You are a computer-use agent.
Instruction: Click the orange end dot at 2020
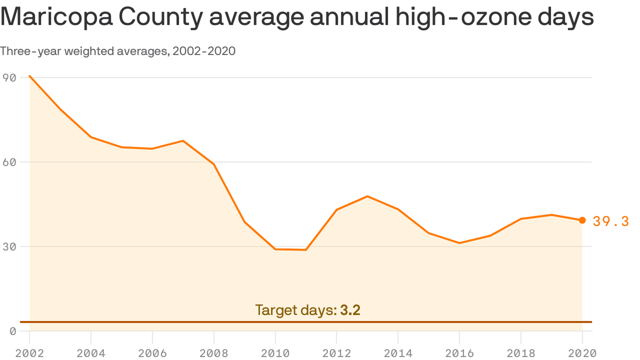click(582, 220)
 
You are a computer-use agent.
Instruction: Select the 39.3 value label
click(610, 221)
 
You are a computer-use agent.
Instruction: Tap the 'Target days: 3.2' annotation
click(307, 310)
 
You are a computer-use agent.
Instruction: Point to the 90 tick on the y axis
click(9, 77)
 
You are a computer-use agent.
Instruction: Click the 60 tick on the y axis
click(9, 162)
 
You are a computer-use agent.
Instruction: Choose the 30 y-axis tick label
click(9, 247)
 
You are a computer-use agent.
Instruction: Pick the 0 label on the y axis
click(13, 331)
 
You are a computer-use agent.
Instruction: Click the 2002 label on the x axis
click(30, 353)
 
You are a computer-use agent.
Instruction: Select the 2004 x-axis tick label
click(91, 353)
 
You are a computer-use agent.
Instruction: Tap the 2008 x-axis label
click(214, 353)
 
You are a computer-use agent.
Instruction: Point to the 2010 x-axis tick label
click(275, 353)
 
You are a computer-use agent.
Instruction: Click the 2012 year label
click(336, 353)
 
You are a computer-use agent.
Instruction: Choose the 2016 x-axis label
click(459, 353)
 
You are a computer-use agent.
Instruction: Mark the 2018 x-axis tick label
click(521, 353)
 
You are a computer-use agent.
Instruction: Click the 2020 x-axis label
click(582, 353)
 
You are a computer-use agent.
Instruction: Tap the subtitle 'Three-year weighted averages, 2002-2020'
click(118, 51)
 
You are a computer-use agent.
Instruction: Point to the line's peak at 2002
click(30, 76)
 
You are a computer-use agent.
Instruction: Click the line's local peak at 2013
click(367, 196)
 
